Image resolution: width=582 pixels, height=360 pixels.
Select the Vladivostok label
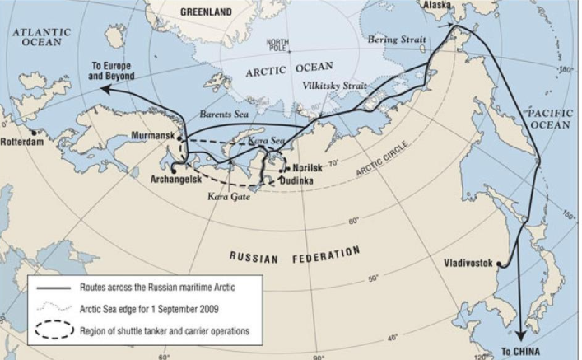(x=467, y=264)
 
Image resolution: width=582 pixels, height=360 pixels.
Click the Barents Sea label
(x=224, y=115)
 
